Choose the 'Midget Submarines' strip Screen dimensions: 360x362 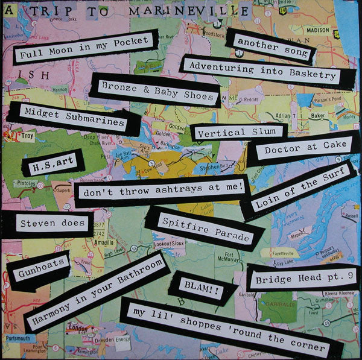pyautogui.click(x=74, y=118)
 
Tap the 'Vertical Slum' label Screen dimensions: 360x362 pyautogui.click(x=238, y=131)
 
